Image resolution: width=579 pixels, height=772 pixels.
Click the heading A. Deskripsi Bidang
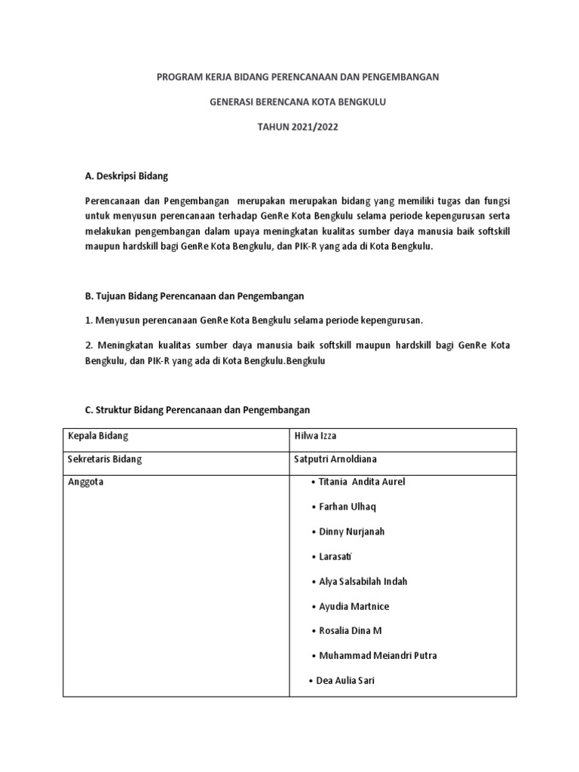[x=126, y=176]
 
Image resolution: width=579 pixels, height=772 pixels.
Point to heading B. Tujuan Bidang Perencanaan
[x=194, y=296]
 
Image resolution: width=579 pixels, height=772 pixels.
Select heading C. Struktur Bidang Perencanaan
[x=197, y=409]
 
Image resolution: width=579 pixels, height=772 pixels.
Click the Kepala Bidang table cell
[x=99, y=437]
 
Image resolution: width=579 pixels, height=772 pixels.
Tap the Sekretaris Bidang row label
[x=105, y=458]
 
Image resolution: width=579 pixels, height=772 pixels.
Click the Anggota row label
[x=86, y=482]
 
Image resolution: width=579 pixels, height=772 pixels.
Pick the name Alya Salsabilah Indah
[x=363, y=581]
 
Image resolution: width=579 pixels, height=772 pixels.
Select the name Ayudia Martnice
[x=354, y=606]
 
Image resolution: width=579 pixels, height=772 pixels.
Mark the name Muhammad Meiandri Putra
[x=378, y=655]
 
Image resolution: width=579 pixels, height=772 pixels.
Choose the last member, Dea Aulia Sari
[x=345, y=680]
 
